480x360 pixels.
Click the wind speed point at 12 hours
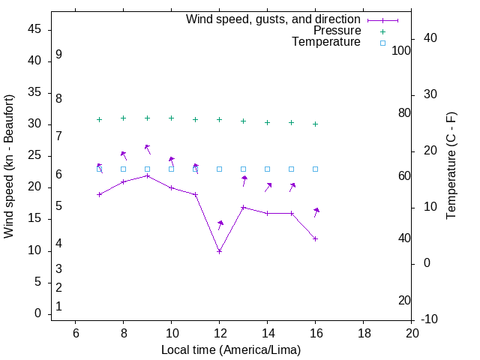pyautogui.click(x=219, y=251)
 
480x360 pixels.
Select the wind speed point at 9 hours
pyautogui.click(x=147, y=175)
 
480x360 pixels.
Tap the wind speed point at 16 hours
pyautogui.click(x=315, y=238)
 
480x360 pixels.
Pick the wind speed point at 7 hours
pyautogui.click(x=99, y=194)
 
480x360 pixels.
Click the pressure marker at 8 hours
pyautogui.click(x=123, y=118)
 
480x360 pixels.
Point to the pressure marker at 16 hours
pyautogui.click(x=315, y=124)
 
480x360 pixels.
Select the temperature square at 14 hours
pyautogui.click(x=267, y=169)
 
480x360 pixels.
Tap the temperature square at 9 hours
pyautogui.click(x=147, y=169)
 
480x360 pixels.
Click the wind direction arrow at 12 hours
pyautogui.click(x=220, y=225)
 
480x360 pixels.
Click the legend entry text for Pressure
pyautogui.click(x=337, y=31)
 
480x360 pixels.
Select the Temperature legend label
pyautogui.click(x=326, y=42)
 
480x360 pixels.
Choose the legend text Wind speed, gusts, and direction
pyautogui.click(x=274, y=19)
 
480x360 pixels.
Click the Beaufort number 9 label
pyautogui.click(x=58, y=55)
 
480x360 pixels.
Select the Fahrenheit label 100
pyautogui.click(x=401, y=50)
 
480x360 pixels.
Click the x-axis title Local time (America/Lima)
pyautogui.click(x=231, y=349)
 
